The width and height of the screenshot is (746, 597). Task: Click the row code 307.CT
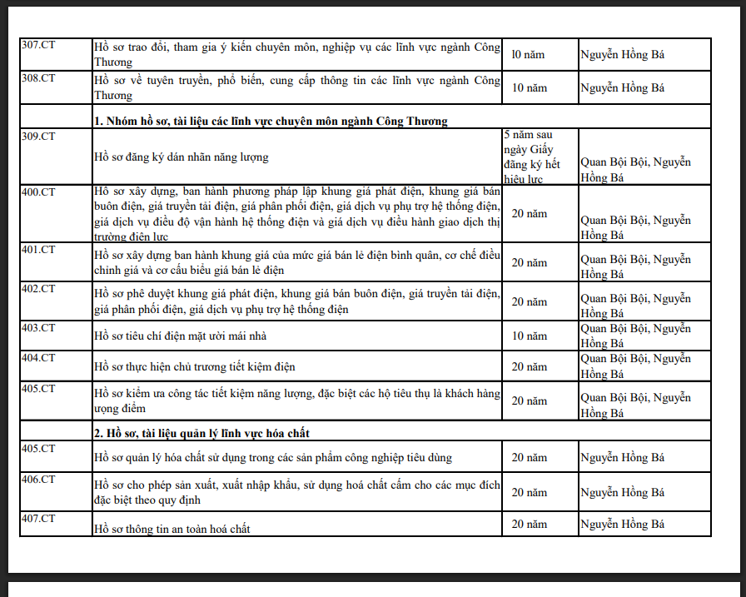point(38,45)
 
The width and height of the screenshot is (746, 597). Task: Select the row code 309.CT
point(38,134)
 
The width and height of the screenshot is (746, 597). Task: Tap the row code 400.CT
point(38,191)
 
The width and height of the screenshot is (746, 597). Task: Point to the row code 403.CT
point(38,327)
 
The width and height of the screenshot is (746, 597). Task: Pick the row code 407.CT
point(38,519)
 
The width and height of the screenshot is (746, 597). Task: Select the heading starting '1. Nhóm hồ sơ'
point(271,121)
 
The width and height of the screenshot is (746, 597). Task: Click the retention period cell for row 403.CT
point(530,336)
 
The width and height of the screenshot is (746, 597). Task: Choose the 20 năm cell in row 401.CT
point(530,263)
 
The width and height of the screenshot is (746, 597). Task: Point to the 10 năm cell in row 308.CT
point(530,87)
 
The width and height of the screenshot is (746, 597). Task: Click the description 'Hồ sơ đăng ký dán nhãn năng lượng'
point(181,157)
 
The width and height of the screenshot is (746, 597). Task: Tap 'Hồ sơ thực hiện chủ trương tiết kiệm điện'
point(195,366)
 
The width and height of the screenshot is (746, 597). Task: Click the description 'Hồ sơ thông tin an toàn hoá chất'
point(172,529)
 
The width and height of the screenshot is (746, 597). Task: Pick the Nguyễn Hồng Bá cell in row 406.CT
point(622,492)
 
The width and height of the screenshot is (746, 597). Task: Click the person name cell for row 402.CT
point(635,306)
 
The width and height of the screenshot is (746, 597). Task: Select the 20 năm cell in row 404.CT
point(530,366)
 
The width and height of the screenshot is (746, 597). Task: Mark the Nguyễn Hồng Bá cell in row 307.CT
point(622,54)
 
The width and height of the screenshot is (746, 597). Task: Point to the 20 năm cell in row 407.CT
point(530,525)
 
